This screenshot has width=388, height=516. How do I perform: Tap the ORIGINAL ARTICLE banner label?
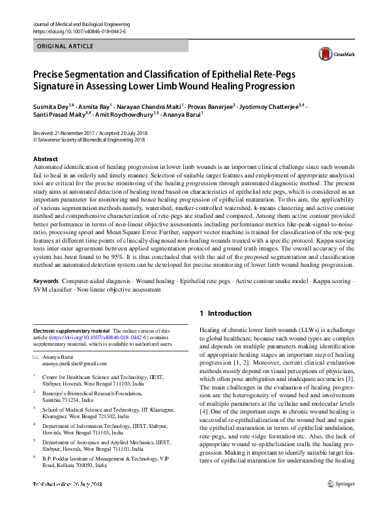click(x=65, y=46)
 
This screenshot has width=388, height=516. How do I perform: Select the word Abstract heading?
click(x=46, y=159)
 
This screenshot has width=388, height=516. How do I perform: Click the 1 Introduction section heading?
click(x=225, y=313)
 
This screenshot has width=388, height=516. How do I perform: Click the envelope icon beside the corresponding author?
click(x=36, y=357)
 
